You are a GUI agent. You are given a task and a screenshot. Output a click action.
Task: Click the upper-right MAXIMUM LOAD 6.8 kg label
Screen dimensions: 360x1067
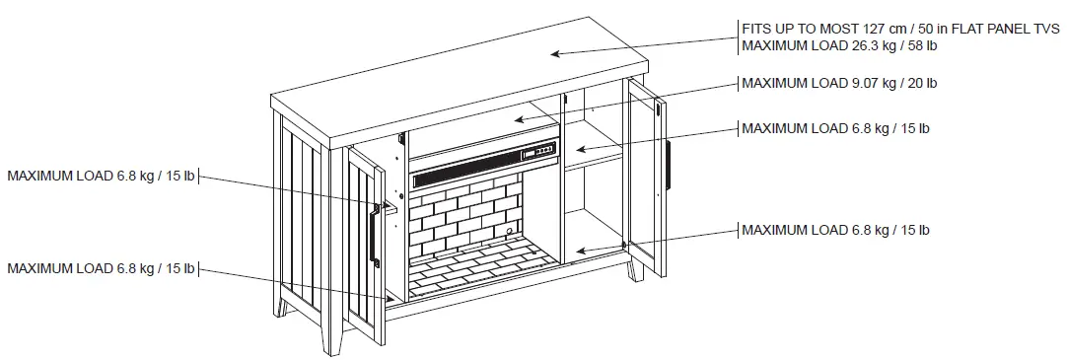coord(834,128)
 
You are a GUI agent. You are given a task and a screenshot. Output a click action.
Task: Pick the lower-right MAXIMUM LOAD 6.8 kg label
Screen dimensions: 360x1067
coord(834,230)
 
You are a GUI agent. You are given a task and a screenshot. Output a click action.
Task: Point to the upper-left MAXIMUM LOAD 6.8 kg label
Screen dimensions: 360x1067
coord(101,177)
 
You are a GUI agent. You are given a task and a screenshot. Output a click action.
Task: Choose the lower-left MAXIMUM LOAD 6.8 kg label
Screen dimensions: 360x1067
coord(101,268)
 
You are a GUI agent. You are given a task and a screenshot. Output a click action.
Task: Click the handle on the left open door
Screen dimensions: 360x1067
coord(374,234)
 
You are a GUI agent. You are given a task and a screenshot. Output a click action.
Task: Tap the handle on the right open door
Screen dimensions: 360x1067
coord(667,166)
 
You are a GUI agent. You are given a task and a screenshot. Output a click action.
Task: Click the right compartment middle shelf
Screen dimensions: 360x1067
coord(592,151)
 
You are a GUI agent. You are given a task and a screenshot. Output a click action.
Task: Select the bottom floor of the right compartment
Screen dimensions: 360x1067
coord(592,247)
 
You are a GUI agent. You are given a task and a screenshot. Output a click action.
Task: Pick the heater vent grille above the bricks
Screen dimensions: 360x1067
coord(463,176)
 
